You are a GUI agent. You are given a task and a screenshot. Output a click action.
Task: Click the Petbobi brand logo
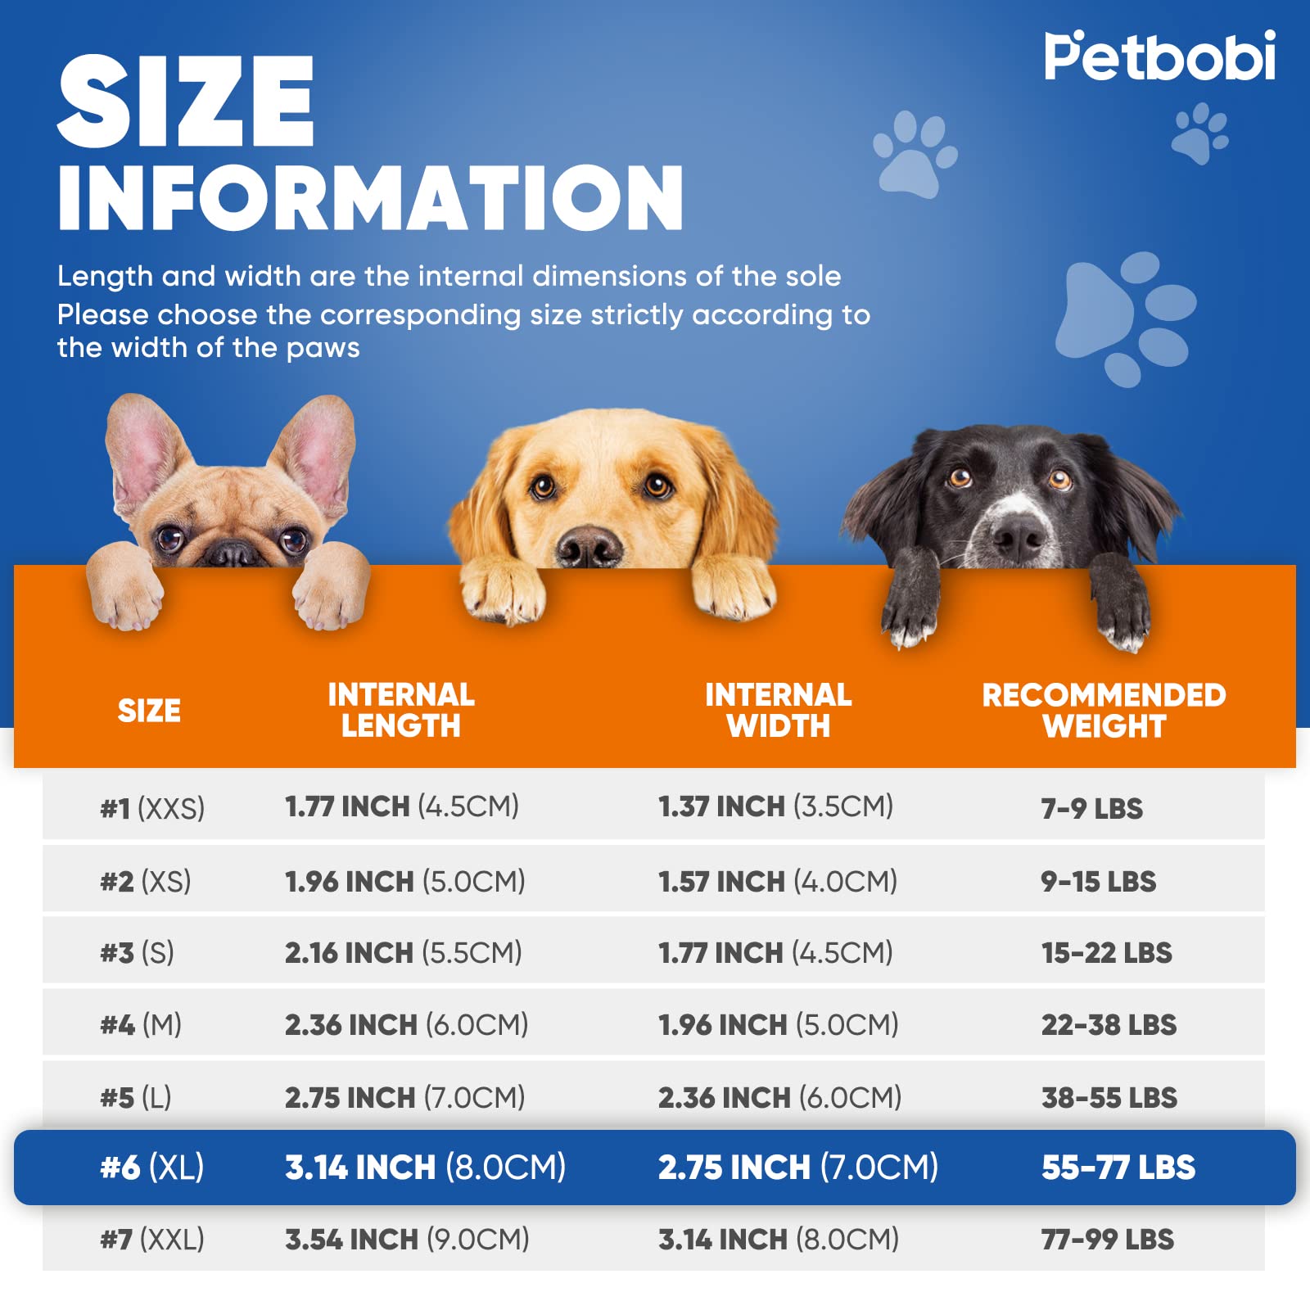click(1159, 56)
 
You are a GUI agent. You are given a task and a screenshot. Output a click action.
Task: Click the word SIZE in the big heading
click(186, 102)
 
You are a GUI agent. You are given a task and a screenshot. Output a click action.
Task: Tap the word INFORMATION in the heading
click(370, 197)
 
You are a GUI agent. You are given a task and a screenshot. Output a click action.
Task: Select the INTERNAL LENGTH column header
click(401, 710)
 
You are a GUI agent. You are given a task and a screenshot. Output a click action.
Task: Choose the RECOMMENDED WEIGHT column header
click(1104, 710)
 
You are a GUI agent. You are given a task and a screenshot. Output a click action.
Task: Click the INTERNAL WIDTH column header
click(778, 710)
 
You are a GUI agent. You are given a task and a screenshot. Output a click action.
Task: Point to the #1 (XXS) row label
click(152, 808)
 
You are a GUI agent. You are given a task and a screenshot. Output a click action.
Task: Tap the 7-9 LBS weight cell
click(1091, 808)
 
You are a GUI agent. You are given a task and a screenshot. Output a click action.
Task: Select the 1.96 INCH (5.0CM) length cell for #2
click(404, 881)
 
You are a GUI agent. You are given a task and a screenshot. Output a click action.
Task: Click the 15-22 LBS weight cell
click(1106, 952)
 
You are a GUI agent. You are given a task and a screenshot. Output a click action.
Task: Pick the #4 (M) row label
click(141, 1024)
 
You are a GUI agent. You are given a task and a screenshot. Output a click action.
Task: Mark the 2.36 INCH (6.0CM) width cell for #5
click(779, 1097)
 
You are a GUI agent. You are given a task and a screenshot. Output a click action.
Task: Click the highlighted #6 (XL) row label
click(152, 1167)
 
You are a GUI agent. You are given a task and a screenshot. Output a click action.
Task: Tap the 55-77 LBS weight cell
click(1118, 1167)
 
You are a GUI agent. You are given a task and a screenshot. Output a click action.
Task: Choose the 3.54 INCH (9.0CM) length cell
click(407, 1239)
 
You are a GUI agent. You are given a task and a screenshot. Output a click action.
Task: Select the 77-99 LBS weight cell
click(1107, 1239)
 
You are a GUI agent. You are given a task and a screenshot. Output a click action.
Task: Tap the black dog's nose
click(1017, 536)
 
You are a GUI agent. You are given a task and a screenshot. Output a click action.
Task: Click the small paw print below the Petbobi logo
click(1199, 133)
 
